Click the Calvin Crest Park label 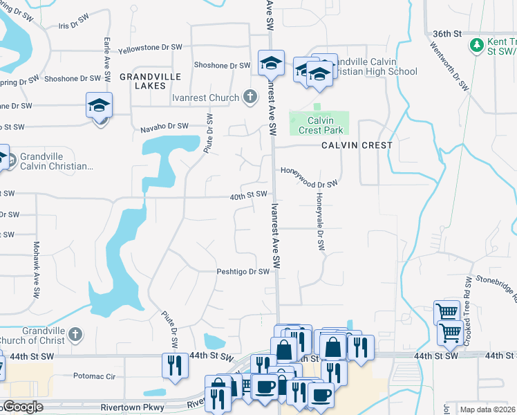point(321,125)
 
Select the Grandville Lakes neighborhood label point(150,81)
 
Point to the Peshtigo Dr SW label point(243,272)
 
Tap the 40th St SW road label point(249,195)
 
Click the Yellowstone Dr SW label point(150,48)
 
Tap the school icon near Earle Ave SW point(99,105)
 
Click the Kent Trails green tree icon point(476,45)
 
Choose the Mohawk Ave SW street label point(36,270)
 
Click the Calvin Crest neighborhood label point(357,145)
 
